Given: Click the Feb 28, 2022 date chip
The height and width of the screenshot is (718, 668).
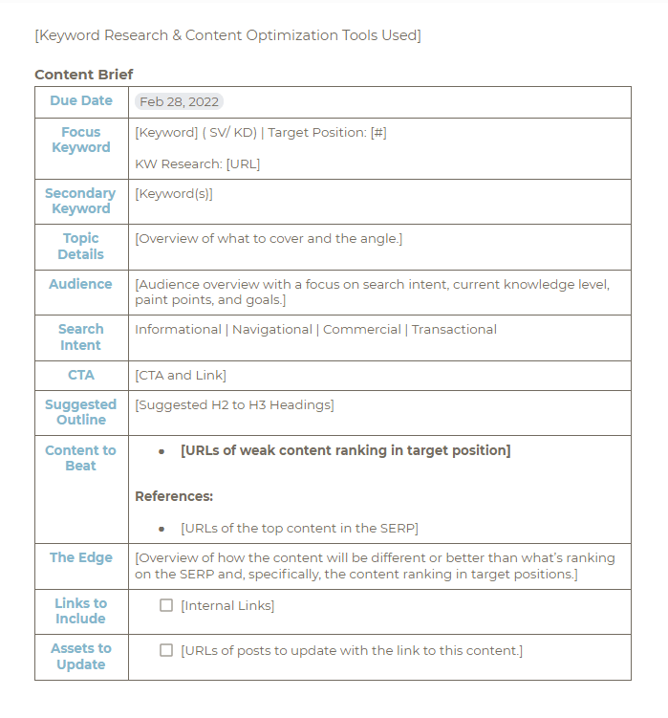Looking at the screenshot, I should point(179,101).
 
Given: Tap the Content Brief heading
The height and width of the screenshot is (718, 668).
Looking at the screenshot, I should point(84,75).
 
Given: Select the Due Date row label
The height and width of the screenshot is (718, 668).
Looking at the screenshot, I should point(81,100).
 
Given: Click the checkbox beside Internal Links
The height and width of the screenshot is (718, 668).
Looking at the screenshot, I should point(166,605).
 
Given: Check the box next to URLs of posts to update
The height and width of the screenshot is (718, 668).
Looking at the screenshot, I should point(166,650).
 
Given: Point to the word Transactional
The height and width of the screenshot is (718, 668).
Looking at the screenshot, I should point(454,329).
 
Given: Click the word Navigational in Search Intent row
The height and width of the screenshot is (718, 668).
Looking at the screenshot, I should point(271,329).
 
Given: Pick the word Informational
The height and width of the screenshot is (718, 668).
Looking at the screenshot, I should point(178,329).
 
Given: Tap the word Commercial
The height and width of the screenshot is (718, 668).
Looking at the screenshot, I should point(362,329).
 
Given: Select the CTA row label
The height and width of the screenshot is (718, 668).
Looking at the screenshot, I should point(81,375).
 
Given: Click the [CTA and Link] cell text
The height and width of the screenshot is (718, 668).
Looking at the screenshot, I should point(181,375).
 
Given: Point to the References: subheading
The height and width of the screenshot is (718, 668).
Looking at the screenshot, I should point(174,496).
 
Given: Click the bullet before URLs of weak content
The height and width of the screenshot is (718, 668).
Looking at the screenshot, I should point(162,451).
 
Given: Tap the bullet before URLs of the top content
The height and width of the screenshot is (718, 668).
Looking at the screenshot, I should point(162,529).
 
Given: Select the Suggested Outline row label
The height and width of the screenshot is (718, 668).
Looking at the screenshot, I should point(81,412).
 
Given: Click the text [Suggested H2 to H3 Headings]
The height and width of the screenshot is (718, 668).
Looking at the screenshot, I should point(234,404).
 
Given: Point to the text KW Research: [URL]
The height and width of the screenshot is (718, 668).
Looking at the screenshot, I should point(197,163).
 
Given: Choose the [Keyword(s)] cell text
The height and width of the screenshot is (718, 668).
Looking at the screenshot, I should point(174,193).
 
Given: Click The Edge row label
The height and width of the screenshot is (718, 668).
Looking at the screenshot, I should point(81,557).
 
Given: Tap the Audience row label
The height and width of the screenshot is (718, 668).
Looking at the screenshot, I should point(81,284).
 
